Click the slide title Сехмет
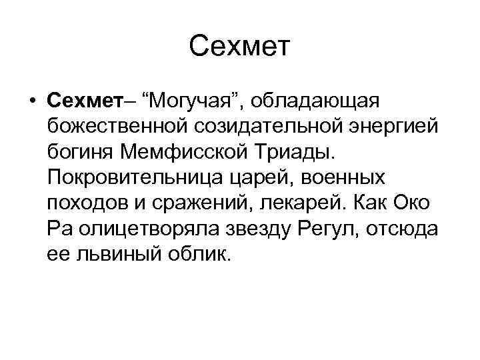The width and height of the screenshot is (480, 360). [240, 47]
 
